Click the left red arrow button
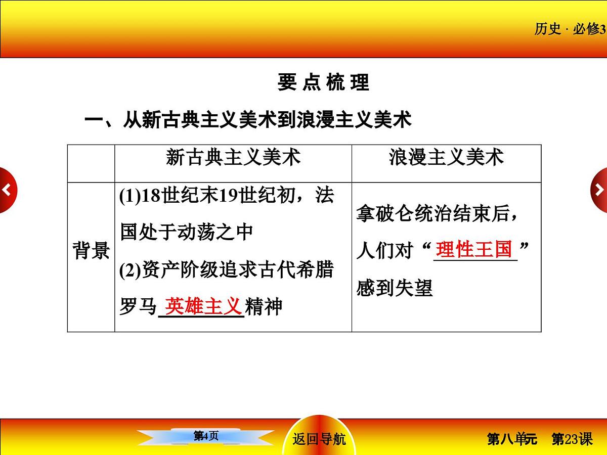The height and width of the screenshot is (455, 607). tap(7, 190)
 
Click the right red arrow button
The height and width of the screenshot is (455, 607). tap(599, 190)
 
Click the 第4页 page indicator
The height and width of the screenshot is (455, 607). tap(206, 436)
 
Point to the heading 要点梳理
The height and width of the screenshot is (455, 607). tap(323, 82)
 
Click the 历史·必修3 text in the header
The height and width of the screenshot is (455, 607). tap(570, 29)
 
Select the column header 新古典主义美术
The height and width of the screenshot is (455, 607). tap(233, 158)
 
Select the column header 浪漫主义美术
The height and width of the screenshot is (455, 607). tap(446, 158)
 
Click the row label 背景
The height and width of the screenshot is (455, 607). tap(91, 250)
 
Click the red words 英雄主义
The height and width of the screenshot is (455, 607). tap(202, 305)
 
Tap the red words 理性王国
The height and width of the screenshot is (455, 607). tap(474, 249)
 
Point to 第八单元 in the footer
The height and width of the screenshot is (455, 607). tap(512, 439)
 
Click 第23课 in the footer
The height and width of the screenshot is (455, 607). tap(572, 439)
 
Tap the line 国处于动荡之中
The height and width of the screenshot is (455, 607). tap(186, 232)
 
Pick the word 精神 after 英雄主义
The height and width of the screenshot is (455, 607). tap(263, 306)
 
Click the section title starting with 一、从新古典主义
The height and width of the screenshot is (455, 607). tap(248, 120)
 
